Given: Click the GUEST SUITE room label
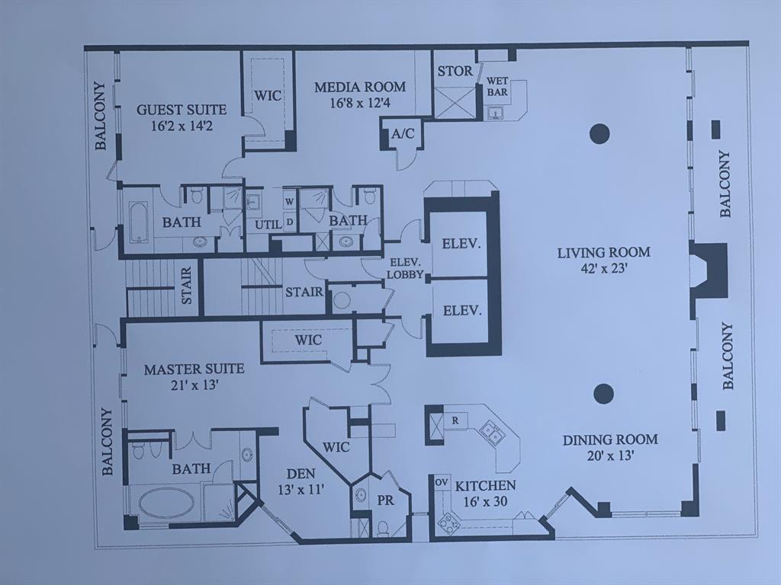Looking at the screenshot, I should click(x=182, y=110).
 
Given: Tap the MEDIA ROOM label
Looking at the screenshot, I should click(x=360, y=87).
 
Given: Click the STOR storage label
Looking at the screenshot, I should click(x=455, y=72).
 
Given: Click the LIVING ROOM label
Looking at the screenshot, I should click(x=603, y=252).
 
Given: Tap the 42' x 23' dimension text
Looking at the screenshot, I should click(x=603, y=268).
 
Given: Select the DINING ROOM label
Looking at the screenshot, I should click(x=610, y=440).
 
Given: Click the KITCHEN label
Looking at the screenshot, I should click(x=486, y=485).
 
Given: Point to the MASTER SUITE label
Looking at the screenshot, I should click(x=194, y=369).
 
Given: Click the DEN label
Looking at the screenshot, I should click(x=296, y=472).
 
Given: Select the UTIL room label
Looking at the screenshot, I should click(x=268, y=225).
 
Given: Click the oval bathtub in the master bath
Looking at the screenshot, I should click(x=167, y=503).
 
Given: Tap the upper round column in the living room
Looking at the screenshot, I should click(x=599, y=134).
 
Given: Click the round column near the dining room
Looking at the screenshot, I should click(x=603, y=393).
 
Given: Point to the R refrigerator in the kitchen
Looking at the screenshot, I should click(x=455, y=419).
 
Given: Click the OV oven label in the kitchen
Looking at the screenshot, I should click(x=441, y=482).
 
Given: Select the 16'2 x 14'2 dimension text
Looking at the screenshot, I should click(x=182, y=126).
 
